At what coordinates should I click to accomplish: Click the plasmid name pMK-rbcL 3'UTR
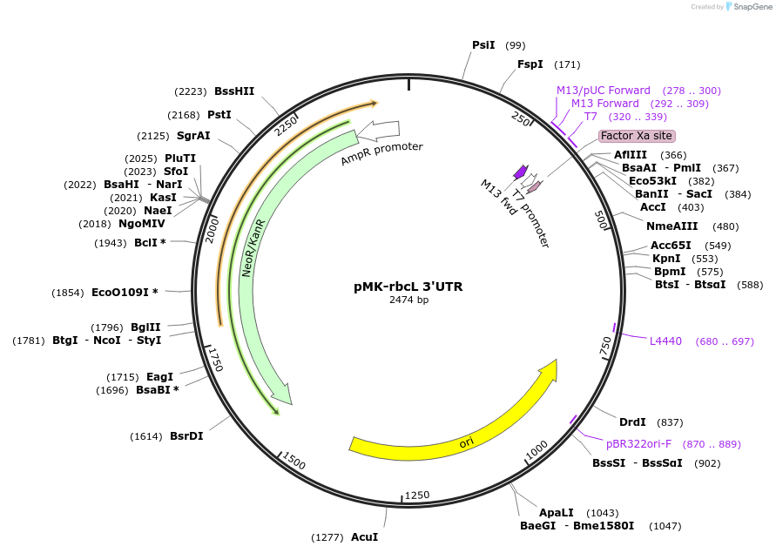(408, 286)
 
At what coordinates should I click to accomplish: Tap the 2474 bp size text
(408, 300)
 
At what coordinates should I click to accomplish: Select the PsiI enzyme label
(483, 45)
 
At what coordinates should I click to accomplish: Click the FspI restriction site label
(530, 64)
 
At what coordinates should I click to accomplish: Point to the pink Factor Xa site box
(637, 136)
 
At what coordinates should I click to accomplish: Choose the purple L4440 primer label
(666, 341)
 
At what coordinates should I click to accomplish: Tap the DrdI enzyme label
(632, 422)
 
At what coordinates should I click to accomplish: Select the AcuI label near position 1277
(364, 537)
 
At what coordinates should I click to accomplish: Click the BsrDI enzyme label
(186, 436)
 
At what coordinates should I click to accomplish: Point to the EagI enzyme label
(159, 376)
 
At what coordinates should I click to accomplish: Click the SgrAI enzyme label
(193, 136)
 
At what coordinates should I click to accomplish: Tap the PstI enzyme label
(219, 115)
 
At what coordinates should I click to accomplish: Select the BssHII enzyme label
(234, 91)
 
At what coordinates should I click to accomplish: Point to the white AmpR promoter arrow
(377, 131)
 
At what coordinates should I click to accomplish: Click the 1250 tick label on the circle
(417, 496)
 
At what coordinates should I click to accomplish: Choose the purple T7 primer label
(590, 117)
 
